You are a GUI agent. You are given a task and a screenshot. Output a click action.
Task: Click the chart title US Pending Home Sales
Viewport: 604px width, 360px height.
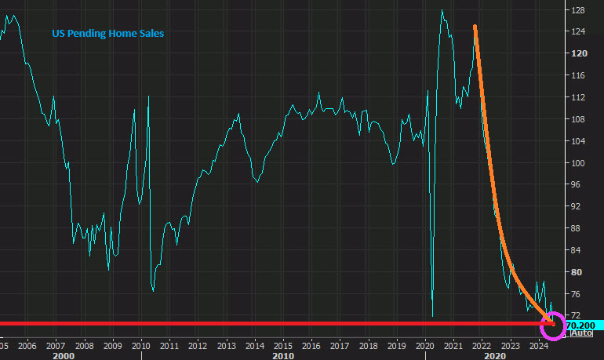click(107, 34)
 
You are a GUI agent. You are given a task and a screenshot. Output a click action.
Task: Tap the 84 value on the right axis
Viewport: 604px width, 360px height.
click(578, 250)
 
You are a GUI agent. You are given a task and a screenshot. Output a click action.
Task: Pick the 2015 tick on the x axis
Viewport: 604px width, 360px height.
click(282, 344)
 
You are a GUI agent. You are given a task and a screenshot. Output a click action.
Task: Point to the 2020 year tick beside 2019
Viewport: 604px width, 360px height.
click(424, 344)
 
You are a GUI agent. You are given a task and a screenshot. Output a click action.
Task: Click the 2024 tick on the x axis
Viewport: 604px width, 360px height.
click(539, 344)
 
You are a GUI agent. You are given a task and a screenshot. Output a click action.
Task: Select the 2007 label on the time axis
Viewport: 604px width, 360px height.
click(55, 344)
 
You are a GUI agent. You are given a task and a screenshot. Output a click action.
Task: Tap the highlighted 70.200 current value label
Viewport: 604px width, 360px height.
click(581, 325)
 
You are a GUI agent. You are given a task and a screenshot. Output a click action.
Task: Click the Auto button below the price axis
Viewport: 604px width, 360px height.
click(580, 334)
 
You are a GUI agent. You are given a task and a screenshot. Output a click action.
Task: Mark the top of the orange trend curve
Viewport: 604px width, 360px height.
click(475, 27)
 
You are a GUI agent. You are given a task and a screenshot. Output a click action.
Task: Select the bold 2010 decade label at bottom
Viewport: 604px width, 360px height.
click(282, 355)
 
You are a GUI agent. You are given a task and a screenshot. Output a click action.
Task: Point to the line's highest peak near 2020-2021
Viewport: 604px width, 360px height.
click(442, 10)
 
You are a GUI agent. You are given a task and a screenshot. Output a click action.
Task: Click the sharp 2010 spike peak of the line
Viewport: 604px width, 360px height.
click(149, 96)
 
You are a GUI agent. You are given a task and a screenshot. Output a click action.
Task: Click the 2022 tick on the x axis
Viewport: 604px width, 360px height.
click(481, 344)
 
